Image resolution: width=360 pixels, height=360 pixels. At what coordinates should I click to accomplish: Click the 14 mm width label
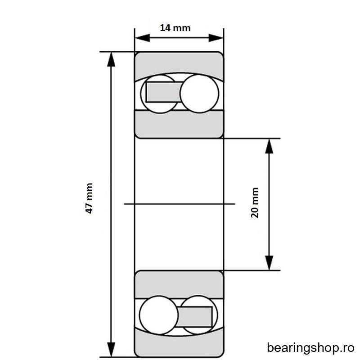tap(175, 28)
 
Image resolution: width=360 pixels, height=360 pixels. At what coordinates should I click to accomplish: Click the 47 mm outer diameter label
tap(89, 198)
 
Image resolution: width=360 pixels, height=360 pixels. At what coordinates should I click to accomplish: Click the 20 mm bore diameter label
tap(255, 202)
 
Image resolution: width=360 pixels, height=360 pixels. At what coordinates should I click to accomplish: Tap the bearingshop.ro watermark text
tap(310, 348)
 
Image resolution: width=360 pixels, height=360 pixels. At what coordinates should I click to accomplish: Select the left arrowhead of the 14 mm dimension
tap(142, 38)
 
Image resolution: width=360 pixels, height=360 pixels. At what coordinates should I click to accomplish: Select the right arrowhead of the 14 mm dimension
tap(216, 38)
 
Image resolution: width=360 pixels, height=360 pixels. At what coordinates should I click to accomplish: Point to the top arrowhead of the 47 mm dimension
tap(111, 59)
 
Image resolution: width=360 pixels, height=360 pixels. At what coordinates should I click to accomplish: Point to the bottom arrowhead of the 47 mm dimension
tap(111, 350)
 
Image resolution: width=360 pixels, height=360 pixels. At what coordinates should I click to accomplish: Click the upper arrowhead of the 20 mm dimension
tap(269, 146)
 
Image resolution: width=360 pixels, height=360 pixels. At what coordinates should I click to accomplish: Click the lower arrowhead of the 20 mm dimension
tap(269, 263)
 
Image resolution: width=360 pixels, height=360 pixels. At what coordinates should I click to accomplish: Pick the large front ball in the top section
tap(199, 94)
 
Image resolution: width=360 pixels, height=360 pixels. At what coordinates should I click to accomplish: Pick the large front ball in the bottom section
tap(159, 315)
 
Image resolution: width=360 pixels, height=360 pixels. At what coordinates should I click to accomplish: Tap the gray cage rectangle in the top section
tap(164, 92)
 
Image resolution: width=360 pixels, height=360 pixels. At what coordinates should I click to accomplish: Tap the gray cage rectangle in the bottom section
tap(194, 317)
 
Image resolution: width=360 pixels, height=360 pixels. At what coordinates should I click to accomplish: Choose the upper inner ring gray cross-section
tap(179, 124)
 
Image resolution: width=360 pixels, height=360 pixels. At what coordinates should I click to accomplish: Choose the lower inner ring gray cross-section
tap(179, 285)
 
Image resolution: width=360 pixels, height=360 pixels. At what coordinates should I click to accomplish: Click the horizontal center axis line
tap(180, 204)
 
